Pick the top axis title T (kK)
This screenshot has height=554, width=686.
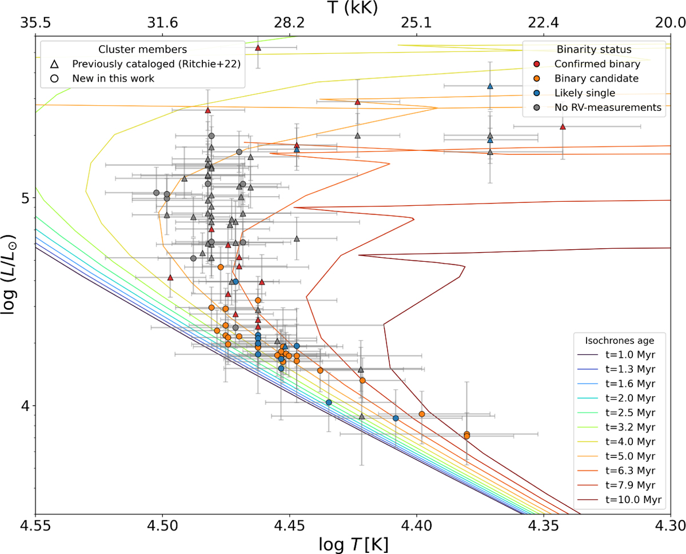point(353,7)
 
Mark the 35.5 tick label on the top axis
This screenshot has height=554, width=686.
point(35,23)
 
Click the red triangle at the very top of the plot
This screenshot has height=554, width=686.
point(258,47)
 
